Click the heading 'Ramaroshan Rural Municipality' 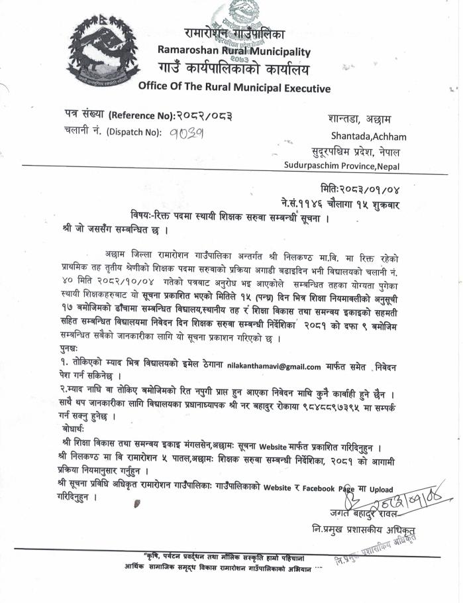point(234,50)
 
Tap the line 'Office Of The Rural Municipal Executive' point(234,87)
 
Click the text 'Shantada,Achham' point(367,137)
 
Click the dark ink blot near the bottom point(137,506)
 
